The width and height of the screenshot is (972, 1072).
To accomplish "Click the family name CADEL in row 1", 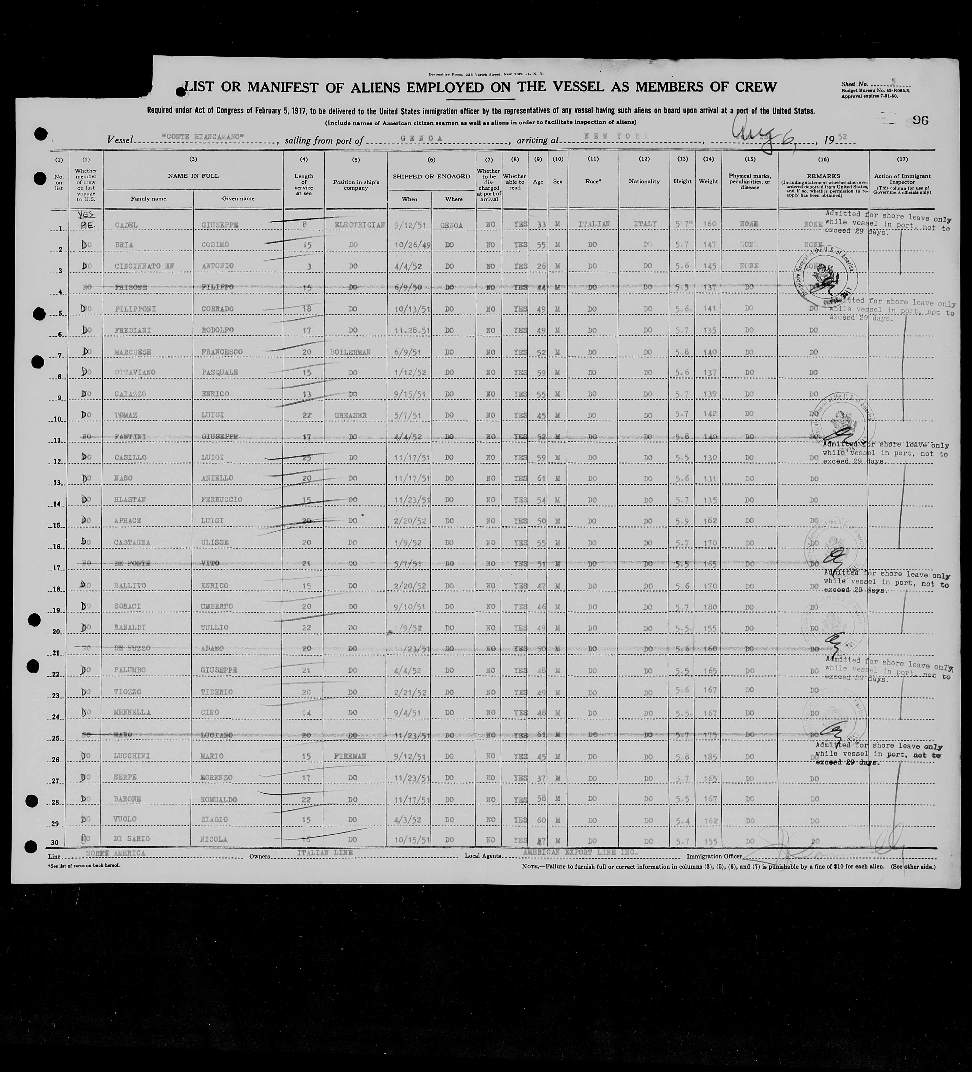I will (126, 225).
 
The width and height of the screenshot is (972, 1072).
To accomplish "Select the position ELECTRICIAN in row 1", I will (359, 225).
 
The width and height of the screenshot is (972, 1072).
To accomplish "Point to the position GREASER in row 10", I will (350, 415).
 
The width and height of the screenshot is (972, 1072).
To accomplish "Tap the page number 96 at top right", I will (921, 120).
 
